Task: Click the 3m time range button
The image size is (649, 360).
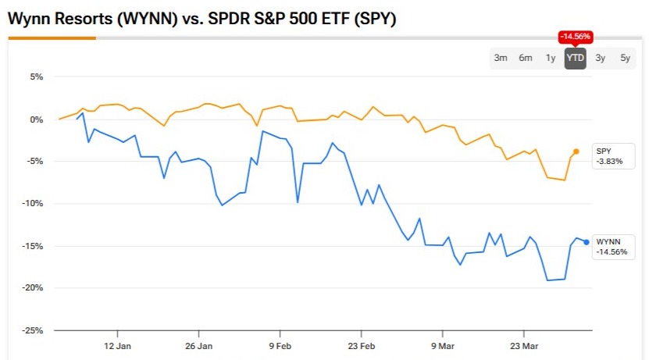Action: [501, 58]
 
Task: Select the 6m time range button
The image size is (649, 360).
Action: [526, 58]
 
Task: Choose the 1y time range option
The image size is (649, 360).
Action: [551, 58]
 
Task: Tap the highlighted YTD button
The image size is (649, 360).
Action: [576, 58]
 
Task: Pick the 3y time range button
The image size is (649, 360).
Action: [600, 58]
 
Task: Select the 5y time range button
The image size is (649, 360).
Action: [625, 58]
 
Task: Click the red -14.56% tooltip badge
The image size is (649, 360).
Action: [576, 37]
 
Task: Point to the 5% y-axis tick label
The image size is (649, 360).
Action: [36, 77]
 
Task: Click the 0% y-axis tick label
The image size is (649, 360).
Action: [36, 119]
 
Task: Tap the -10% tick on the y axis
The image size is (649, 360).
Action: [34, 204]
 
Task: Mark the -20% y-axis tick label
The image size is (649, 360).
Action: [34, 288]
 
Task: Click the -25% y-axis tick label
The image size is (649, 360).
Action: [34, 330]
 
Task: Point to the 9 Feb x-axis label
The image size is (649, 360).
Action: [280, 345]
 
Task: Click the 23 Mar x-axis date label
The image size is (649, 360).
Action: [524, 345]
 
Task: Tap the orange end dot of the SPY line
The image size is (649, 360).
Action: [576, 151]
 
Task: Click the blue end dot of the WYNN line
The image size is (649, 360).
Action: [587, 242]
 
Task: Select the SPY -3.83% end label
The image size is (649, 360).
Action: [610, 155]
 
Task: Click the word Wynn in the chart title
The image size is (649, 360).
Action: [29, 20]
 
